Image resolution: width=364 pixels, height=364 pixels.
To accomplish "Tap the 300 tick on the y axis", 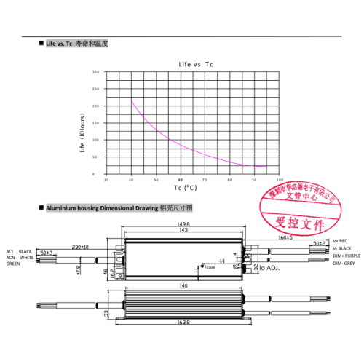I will pyautogui.click(x=96, y=72).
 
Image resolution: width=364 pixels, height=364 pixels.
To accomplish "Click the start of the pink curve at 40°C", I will pyautogui.click(x=132, y=100).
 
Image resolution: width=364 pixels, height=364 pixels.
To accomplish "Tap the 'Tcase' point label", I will pyautogui.click(x=210, y=267).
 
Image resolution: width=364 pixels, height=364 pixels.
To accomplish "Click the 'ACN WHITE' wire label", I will pyautogui.click(x=20, y=257).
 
